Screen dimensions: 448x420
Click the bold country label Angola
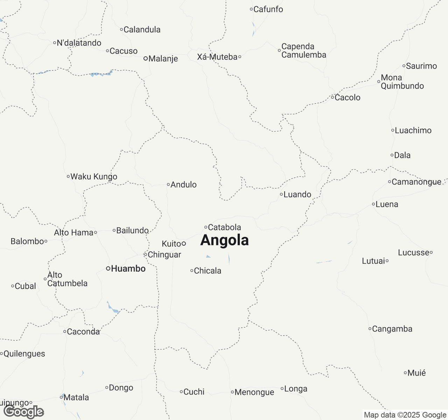click(224, 240)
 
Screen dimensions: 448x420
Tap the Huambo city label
click(128, 269)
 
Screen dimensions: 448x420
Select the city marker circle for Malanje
click(146, 58)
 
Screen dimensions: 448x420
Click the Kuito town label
click(171, 244)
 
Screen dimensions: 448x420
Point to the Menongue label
click(254, 392)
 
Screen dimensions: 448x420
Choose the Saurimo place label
click(421, 66)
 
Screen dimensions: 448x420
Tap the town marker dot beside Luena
click(373, 204)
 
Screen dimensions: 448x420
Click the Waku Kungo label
click(94, 177)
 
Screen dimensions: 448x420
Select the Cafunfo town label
click(268, 9)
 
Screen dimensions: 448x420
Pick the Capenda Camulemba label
click(303, 51)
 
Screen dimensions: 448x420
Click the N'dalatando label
click(79, 43)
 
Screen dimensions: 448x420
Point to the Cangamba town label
click(392, 329)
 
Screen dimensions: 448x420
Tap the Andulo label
click(183, 185)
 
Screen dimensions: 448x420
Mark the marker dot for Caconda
click(65, 331)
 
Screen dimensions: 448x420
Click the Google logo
click(23, 412)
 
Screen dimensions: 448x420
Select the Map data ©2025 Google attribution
click(405, 415)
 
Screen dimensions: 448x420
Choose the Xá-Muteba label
click(217, 57)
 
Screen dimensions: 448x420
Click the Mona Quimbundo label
click(402, 82)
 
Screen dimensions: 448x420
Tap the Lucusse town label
click(413, 253)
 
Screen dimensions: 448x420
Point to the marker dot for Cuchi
click(181, 392)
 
